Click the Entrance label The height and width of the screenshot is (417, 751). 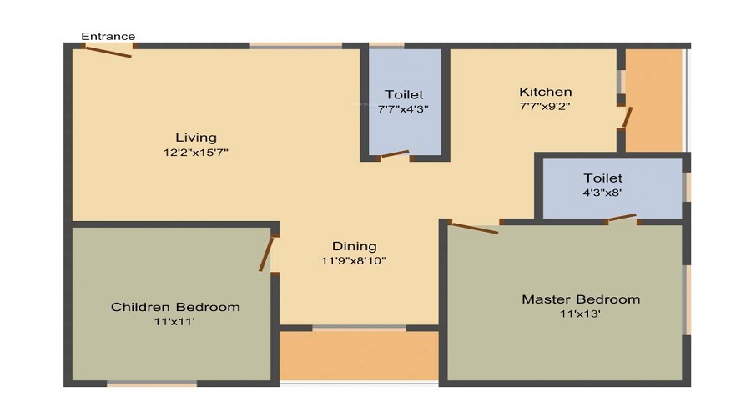pyautogui.click(x=108, y=37)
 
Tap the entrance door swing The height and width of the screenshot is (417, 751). pyautogui.click(x=108, y=51)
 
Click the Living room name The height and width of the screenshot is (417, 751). pyautogui.click(x=196, y=138)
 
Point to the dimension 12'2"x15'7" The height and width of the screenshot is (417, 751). pyautogui.click(x=196, y=153)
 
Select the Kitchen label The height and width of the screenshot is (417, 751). pyautogui.click(x=546, y=92)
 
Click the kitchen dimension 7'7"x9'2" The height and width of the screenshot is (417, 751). pyautogui.click(x=546, y=106)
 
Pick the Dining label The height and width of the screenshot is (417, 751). pyautogui.click(x=355, y=247)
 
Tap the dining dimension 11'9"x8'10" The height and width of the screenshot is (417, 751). pyautogui.click(x=354, y=261)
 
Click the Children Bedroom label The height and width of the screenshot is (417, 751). pyautogui.click(x=175, y=307)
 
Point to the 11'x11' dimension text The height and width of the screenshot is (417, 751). pyautogui.click(x=174, y=322)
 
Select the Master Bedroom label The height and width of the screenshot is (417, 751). pyautogui.click(x=581, y=299)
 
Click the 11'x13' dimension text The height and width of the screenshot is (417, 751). pyautogui.click(x=581, y=314)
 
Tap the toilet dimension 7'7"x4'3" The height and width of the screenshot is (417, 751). pyautogui.click(x=403, y=109)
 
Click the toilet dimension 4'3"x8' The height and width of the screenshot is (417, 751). pyautogui.click(x=603, y=193)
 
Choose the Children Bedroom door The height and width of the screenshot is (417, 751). pyautogui.click(x=267, y=254)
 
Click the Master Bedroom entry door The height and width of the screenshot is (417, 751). pyautogui.click(x=475, y=228)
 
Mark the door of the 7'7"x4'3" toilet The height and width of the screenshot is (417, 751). pyautogui.click(x=395, y=154)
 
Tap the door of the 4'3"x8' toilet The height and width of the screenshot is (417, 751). pyautogui.click(x=622, y=218)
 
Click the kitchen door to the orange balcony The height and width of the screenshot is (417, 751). pyautogui.click(x=627, y=118)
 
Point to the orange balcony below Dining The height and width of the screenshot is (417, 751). pyautogui.click(x=359, y=356)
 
